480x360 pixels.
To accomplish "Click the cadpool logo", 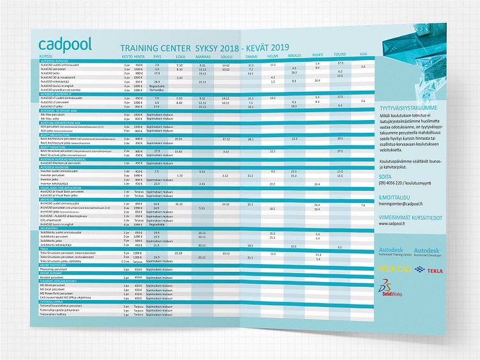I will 64,44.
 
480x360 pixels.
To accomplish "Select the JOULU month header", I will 227,56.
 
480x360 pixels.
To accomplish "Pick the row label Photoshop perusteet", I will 54,269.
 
